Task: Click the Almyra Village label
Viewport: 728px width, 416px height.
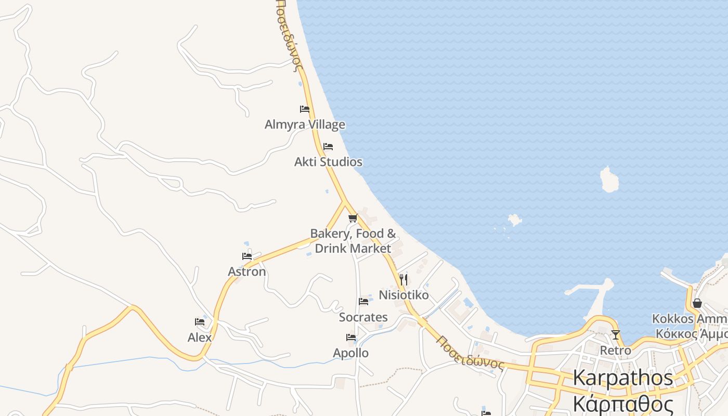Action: [305, 125]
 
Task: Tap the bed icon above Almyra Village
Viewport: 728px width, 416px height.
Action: [305, 109]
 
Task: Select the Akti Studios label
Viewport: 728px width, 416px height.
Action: [328, 162]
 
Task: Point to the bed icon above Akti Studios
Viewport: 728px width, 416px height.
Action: [328, 147]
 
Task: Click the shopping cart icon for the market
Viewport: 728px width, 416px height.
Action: [353, 218]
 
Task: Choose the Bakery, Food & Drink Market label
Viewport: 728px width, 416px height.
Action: [353, 241]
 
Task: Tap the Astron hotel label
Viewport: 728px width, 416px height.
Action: [247, 271]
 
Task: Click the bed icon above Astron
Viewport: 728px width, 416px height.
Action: [247, 256]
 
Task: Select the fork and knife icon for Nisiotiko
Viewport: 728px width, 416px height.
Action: [404, 280]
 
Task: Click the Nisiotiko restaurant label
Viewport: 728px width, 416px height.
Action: [404, 295]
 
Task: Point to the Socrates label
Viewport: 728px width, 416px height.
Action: [363, 317]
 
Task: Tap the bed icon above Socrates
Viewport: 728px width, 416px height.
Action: [363, 302]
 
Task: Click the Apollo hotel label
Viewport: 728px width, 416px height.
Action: [351, 353]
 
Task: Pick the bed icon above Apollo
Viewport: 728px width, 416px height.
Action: [351, 338]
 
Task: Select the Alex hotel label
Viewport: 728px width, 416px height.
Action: [200, 337]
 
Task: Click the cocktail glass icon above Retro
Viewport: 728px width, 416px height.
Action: [616, 335]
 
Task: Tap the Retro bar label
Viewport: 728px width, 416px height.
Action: [616, 350]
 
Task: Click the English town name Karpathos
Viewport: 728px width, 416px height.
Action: [623, 378]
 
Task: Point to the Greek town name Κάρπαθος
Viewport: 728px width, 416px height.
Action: [623, 404]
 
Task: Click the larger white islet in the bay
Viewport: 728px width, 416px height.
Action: [609, 179]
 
